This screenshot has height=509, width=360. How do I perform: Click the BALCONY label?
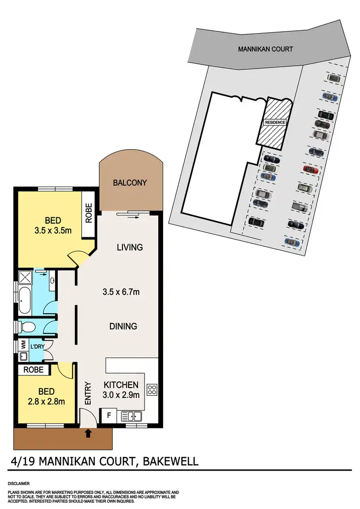130,183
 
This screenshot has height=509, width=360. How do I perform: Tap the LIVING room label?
130,248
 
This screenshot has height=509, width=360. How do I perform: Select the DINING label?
123,326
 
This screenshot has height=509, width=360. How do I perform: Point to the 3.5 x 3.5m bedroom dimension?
53,230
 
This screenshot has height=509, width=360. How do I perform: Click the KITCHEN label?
121,385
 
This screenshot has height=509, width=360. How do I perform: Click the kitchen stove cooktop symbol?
152,389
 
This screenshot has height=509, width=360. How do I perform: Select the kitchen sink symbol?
131,416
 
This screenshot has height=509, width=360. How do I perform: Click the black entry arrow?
88,434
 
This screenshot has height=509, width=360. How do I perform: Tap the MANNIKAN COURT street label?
265,49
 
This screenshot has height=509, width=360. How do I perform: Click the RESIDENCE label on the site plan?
275,122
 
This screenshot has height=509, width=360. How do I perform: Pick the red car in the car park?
311,169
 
